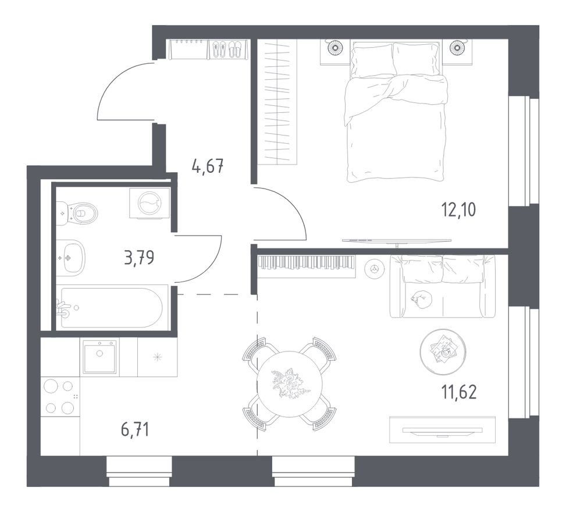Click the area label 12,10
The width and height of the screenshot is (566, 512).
pyautogui.click(x=459, y=210)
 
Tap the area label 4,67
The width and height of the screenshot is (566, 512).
pyautogui.click(x=208, y=166)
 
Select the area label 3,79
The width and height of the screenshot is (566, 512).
pyautogui.click(x=139, y=258)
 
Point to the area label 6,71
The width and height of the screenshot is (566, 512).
pyautogui.click(x=135, y=430)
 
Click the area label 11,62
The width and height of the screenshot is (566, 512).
pyautogui.click(x=459, y=392)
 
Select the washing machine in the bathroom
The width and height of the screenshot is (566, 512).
pyautogui.click(x=149, y=203)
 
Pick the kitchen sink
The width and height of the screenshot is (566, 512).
pyautogui.click(x=99, y=357)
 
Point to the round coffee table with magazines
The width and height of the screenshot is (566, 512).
pyautogui.click(x=443, y=351)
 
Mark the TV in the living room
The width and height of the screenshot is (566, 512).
pyautogui.click(x=443, y=431)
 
